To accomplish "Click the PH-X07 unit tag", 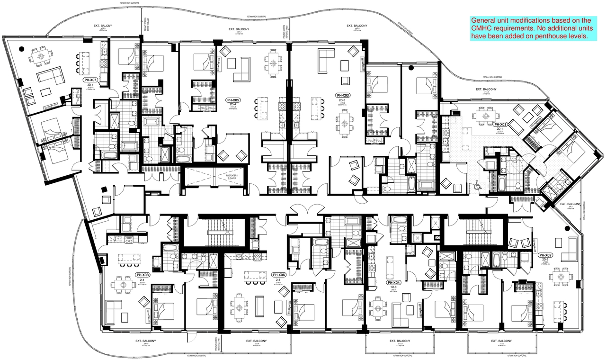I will click(90, 80).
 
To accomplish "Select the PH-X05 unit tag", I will click(232, 100).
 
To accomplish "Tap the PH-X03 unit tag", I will click(342, 95).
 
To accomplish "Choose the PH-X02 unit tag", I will click(543, 255).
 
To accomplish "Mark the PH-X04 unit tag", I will click(394, 282).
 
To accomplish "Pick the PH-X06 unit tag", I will click(278, 275).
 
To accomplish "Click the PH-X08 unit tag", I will click(143, 275).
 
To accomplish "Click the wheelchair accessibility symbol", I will click(478, 187).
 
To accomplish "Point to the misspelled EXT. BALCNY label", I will click(103, 27).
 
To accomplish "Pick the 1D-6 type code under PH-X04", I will click(393, 288).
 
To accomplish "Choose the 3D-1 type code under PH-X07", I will click(90, 85).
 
